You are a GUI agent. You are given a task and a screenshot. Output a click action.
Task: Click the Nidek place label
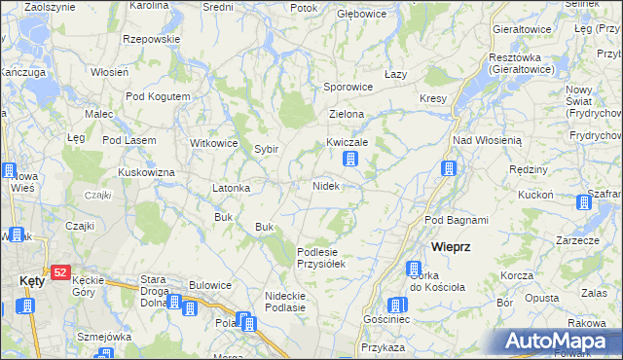(x=325, y=186)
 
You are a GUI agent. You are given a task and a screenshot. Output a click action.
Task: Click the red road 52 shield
(x=60, y=273)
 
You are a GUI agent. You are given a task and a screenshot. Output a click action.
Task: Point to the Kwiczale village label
(x=347, y=142)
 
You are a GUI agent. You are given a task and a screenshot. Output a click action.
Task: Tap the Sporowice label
(x=348, y=87)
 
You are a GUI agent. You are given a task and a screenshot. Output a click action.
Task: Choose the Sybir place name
(x=267, y=150)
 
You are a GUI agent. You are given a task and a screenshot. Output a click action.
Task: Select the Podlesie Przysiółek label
(x=321, y=257)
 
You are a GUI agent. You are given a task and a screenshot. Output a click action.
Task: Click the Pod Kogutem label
(x=158, y=97)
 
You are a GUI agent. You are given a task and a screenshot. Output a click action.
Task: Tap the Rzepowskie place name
(x=152, y=39)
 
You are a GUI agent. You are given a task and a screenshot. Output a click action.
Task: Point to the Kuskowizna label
(x=146, y=172)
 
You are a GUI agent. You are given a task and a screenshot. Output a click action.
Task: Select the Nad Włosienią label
(x=488, y=140)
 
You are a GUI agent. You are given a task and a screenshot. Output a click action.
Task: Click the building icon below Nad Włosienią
(x=449, y=169)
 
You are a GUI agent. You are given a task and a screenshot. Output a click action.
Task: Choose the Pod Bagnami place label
(x=457, y=221)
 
